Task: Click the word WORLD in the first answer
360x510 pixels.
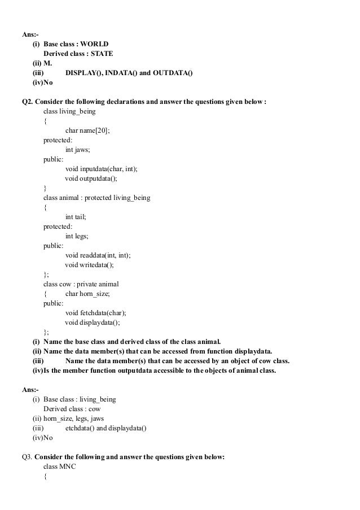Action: pyautogui.click(x=95, y=44)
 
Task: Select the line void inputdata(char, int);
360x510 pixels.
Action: pyautogui.click(x=101, y=169)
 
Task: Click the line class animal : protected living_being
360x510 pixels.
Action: pyautogui.click(x=97, y=198)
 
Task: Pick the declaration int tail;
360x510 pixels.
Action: pyautogui.click(x=77, y=217)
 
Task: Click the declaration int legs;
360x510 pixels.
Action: pyautogui.click(x=78, y=236)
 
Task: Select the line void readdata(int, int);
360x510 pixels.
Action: pyautogui.click(x=98, y=255)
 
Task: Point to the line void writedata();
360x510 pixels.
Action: pyautogui.click(x=89, y=265)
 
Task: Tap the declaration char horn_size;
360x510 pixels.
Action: pyautogui.click(x=87, y=294)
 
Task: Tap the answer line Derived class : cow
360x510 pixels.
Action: pyautogui.click(x=68, y=409)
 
